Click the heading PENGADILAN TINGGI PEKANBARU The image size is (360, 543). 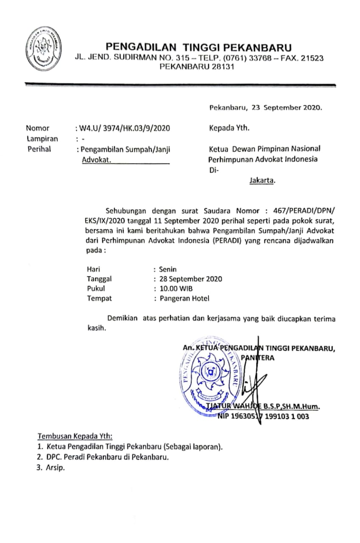coord(199,47)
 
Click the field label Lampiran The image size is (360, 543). coord(42,139)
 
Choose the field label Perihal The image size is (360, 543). coord(39,149)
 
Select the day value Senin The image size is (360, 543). coord(168,269)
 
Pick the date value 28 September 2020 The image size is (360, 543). coord(191,279)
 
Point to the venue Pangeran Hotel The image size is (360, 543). coord(184,298)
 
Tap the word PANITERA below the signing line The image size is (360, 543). coord(258,358)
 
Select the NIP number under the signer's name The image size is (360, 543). coord(263,417)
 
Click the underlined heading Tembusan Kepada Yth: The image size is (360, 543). coord(75,436)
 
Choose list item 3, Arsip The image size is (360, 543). coord(54,468)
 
